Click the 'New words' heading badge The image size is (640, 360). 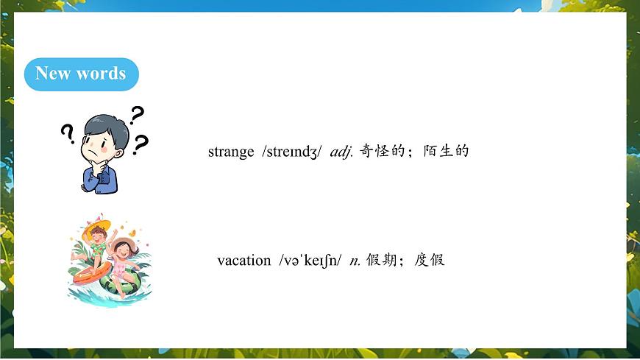coord(81,74)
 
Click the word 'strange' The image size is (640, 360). coord(230,152)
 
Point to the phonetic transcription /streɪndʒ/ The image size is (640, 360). coord(291,152)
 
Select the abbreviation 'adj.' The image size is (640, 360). coord(341,152)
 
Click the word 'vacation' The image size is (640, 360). coord(244,260)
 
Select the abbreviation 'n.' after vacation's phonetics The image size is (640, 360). coord(355,260)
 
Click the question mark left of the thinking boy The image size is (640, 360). coord(68,133)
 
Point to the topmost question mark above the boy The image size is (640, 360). coord(137,114)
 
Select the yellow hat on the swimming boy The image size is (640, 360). coord(98,225)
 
